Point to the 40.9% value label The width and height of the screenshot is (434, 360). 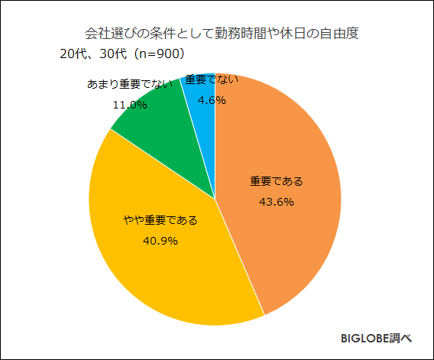[160, 241]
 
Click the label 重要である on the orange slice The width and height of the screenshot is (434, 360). [277, 182]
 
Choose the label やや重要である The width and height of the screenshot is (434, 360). [160, 221]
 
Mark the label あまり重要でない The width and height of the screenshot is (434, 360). [129, 83]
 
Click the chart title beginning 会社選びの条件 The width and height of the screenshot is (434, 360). [221, 34]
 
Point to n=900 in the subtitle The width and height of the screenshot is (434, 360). [157, 54]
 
